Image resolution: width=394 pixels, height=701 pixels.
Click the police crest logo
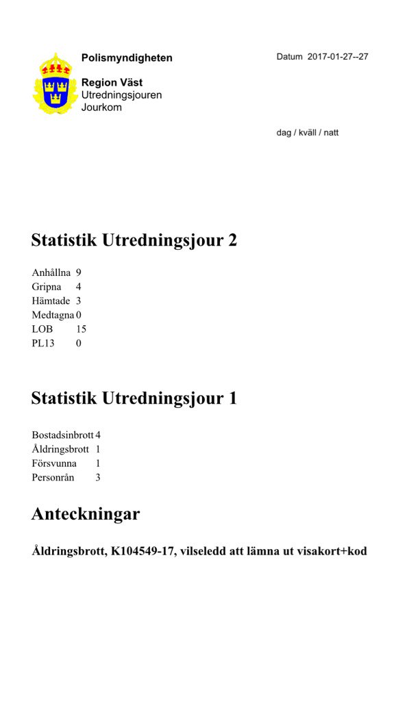tap(56, 84)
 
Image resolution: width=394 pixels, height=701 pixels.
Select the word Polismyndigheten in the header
tap(127, 58)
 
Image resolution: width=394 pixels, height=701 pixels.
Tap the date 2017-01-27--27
tap(338, 57)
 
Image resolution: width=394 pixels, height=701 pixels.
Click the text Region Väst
tap(112, 83)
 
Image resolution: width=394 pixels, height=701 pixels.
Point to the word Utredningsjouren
tap(121, 95)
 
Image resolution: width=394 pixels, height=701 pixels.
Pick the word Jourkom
tap(101, 107)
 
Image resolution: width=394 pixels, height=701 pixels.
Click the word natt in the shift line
tap(331, 133)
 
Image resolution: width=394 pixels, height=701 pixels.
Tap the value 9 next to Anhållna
tap(79, 272)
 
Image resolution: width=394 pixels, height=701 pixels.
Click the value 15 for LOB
tap(81, 329)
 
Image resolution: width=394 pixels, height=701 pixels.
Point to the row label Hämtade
tap(51, 301)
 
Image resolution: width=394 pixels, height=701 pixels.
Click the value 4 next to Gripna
tap(79, 287)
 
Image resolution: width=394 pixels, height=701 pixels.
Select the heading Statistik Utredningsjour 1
tap(134, 398)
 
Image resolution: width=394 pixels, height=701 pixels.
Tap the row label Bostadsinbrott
tap(62, 435)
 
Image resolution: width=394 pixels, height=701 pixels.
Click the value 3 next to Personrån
tap(98, 477)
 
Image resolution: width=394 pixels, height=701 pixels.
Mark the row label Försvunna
tap(54, 463)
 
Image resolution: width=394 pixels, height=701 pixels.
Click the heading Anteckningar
tap(86, 514)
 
